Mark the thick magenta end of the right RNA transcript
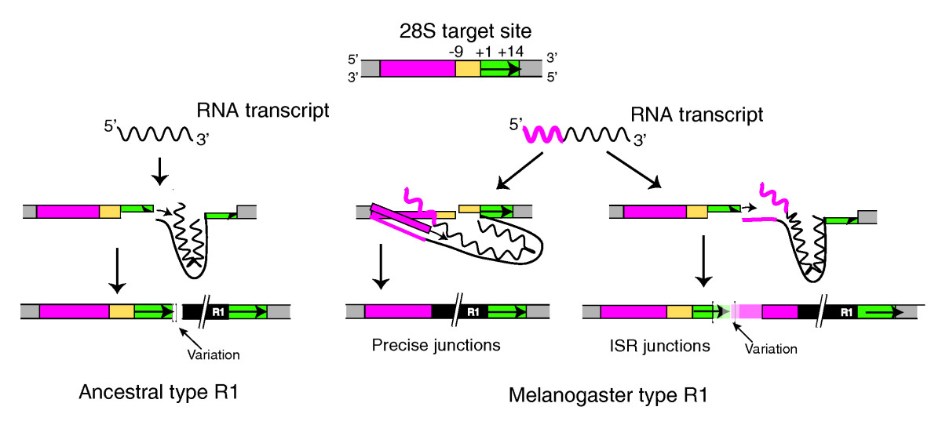[543, 134]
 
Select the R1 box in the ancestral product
[225, 312]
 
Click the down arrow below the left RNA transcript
[160, 170]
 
